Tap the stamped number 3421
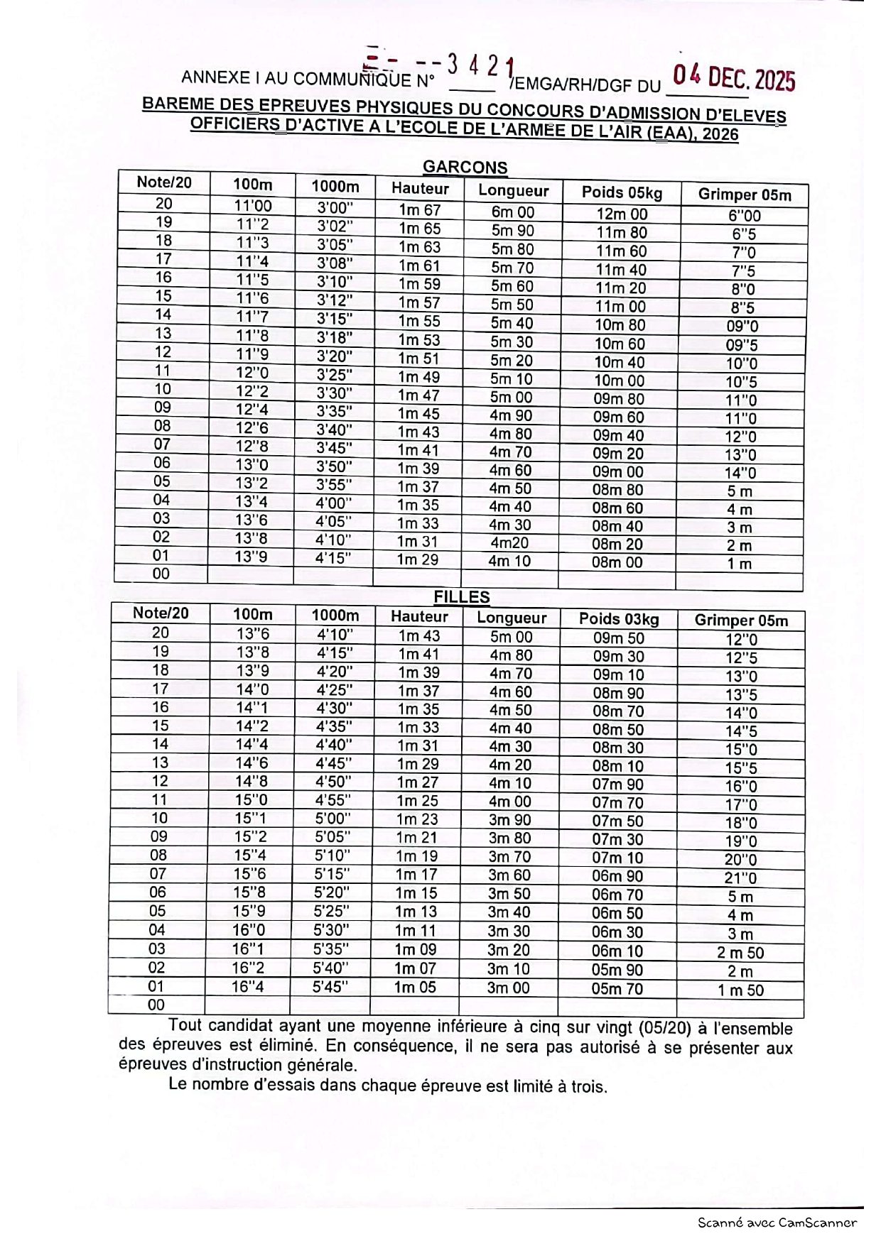(480, 67)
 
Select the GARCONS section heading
(465, 168)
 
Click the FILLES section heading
(462, 597)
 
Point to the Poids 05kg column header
(622, 192)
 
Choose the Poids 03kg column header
(619, 619)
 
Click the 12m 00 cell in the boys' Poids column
(622, 214)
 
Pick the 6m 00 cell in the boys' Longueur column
(512, 212)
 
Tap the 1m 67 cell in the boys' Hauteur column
(419, 210)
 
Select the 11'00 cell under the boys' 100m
(252, 206)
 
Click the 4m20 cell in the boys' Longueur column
(509, 543)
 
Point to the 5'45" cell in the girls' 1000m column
(331, 986)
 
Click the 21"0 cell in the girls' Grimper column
(740, 878)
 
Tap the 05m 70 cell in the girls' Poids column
(617, 988)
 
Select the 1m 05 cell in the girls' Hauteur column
(415, 987)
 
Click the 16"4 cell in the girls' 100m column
(248, 986)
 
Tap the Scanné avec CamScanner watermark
(777, 1223)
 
